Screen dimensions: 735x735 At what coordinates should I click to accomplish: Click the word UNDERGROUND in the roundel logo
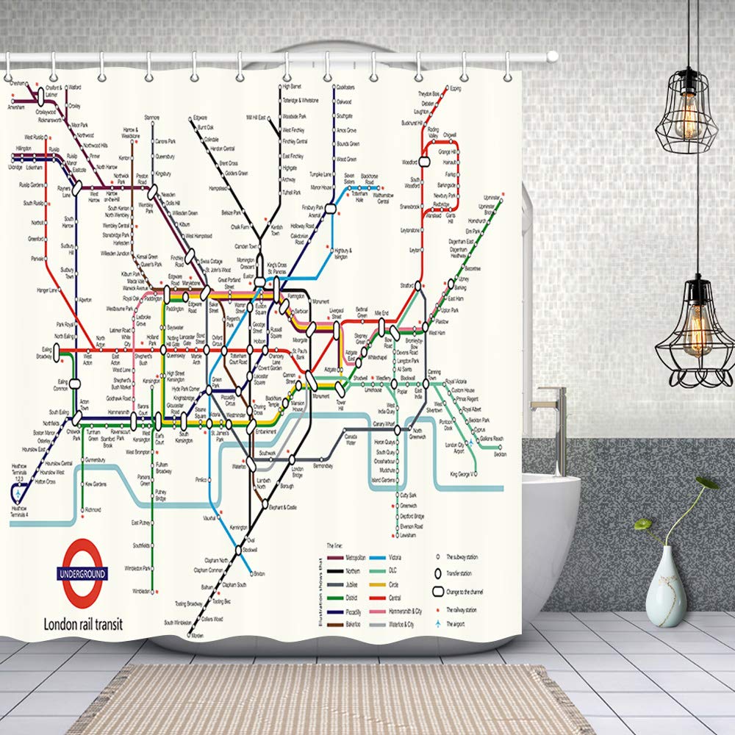click(x=82, y=573)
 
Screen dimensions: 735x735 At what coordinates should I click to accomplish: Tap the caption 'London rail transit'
click(x=83, y=624)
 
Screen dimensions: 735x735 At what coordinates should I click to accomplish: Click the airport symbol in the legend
click(x=440, y=623)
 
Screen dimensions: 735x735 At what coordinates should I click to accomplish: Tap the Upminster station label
click(x=491, y=198)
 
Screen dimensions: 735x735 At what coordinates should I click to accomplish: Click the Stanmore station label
click(x=152, y=118)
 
